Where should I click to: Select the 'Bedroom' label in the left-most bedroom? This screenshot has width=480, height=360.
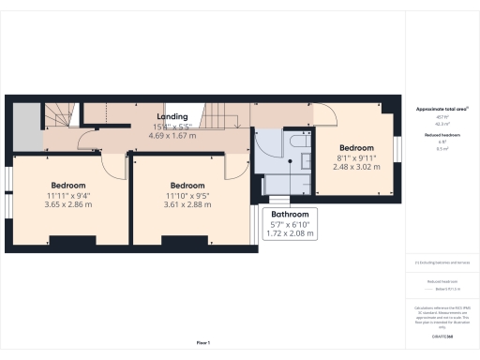pyautogui.click(x=68, y=185)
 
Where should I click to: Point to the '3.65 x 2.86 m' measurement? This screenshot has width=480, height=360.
pyautogui.click(x=68, y=204)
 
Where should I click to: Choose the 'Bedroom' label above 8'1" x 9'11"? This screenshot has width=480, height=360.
pyautogui.click(x=356, y=148)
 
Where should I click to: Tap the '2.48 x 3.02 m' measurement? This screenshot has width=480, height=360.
pyautogui.click(x=356, y=167)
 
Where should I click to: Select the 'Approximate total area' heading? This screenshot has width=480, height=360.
pyautogui.click(x=441, y=110)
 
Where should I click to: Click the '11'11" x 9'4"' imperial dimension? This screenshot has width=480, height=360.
pyautogui.click(x=68, y=195)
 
